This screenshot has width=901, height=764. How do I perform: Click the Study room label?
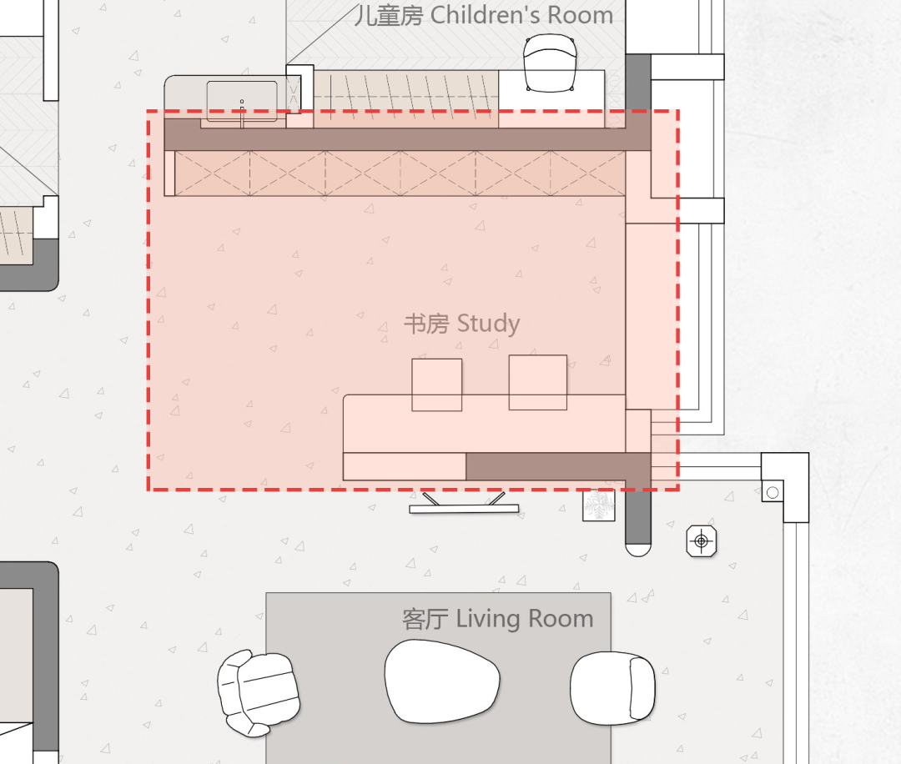[x=462, y=324]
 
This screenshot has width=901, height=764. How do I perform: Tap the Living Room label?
[x=497, y=619]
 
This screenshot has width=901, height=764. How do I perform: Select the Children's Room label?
[x=484, y=15]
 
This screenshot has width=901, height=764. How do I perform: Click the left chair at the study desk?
[x=436, y=385]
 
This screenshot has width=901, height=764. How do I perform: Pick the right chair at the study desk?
[x=538, y=383]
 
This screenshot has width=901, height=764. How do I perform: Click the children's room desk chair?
[x=550, y=63]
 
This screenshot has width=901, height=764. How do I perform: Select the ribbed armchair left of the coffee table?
[x=258, y=693]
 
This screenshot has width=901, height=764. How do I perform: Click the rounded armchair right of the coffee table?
[x=612, y=688]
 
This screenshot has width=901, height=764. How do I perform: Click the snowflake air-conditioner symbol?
[x=599, y=505]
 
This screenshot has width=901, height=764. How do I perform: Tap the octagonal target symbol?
[x=701, y=541]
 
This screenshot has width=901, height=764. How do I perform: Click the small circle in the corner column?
[x=773, y=492]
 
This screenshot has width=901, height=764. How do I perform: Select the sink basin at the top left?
[x=242, y=102]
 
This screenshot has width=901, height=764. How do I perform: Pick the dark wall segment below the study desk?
[x=558, y=466]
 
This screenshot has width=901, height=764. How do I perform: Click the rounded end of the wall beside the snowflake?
[x=638, y=550]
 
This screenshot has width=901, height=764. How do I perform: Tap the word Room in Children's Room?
[x=581, y=15]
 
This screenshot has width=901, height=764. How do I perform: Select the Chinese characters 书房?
[x=426, y=324]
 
